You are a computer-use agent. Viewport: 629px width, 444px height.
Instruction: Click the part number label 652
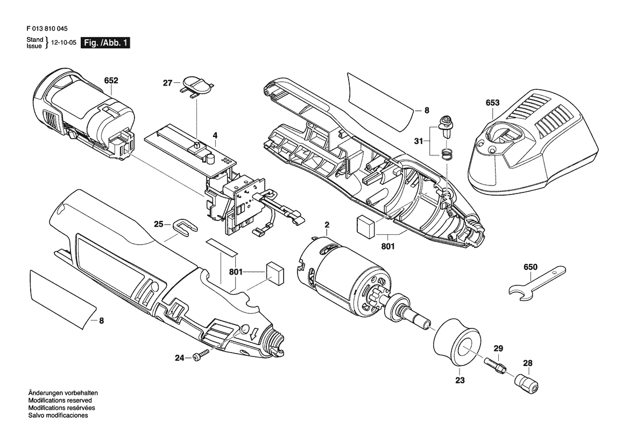(111, 80)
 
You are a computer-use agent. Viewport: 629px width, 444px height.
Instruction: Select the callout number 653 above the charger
(493, 103)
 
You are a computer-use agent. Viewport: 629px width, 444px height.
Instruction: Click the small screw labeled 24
(201, 355)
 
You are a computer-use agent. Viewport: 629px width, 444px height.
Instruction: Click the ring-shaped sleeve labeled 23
(457, 341)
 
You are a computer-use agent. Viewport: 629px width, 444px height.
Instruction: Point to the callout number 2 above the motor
(327, 225)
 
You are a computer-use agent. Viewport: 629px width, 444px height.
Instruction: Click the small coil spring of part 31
(446, 154)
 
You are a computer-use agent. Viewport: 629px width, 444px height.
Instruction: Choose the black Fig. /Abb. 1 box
(105, 43)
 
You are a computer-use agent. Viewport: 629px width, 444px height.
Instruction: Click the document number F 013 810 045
(47, 29)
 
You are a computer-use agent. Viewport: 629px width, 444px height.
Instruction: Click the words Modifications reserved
(60, 400)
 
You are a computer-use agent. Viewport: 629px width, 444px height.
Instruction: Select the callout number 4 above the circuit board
(215, 135)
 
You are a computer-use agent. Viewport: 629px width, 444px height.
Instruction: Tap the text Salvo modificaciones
(58, 416)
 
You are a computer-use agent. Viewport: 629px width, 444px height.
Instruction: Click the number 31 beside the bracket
(419, 141)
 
